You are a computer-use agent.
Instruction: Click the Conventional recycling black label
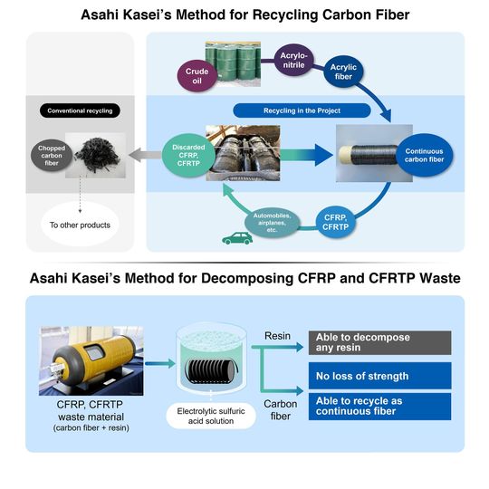[x=81, y=111]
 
